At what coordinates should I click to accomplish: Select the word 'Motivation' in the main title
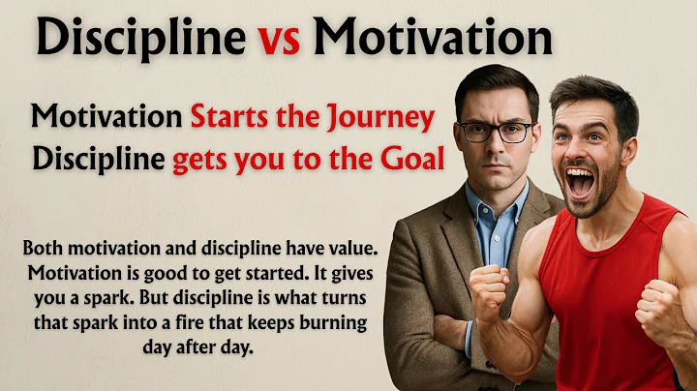433,40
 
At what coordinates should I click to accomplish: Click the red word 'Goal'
409,159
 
